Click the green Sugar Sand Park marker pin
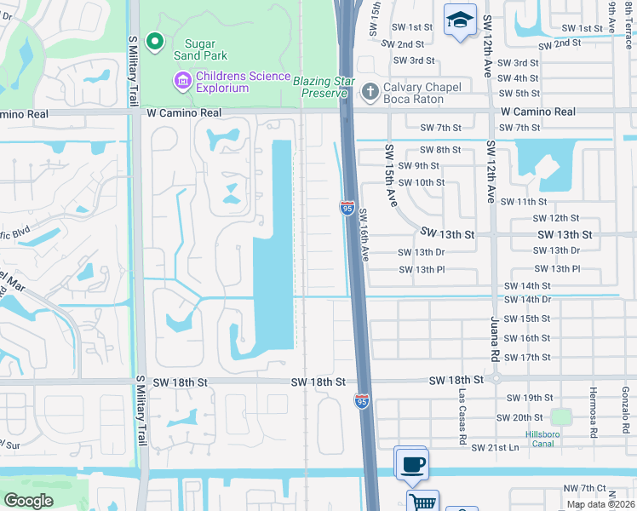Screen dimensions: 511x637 [x=154, y=40]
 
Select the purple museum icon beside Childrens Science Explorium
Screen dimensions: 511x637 [x=181, y=82]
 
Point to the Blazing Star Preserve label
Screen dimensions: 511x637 [x=323, y=86]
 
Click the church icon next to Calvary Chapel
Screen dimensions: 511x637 [x=370, y=91]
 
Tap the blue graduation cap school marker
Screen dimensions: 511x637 [x=460, y=20]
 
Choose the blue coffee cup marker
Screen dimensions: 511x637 [x=412, y=464]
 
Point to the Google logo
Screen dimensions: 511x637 [x=29, y=500]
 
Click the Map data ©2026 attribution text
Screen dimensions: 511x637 [x=600, y=504]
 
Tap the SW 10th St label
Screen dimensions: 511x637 [x=422, y=182]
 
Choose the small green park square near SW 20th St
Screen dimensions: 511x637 [x=560, y=417]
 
